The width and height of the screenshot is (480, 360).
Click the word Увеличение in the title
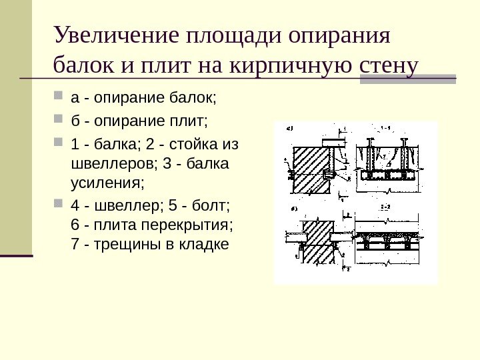(117, 35)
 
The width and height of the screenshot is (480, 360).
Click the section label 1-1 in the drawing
(385, 127)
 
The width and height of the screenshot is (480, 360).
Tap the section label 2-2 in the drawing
(385, 209)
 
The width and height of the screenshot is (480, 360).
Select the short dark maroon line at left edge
(16, 255)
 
